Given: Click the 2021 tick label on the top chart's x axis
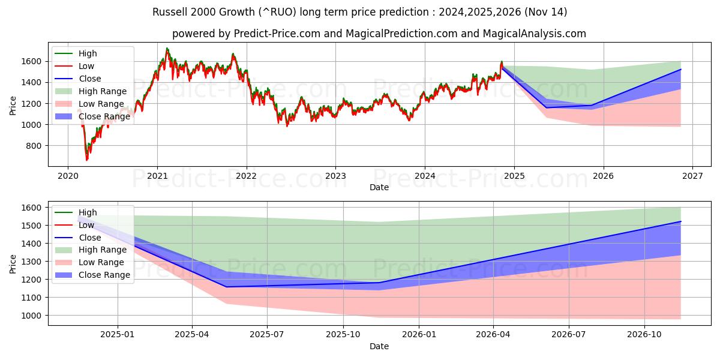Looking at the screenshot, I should [157, 176].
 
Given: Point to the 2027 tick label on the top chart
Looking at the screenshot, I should [692, 176].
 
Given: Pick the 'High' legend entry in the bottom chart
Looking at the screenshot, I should [88, 212].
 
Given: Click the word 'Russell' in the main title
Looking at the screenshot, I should [169, 12].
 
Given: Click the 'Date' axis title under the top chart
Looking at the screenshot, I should [379, 187].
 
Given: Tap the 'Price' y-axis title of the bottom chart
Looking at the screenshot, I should [13, 263].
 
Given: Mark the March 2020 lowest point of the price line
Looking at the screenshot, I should [86, 160].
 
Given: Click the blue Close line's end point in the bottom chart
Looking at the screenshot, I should [681, 221].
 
